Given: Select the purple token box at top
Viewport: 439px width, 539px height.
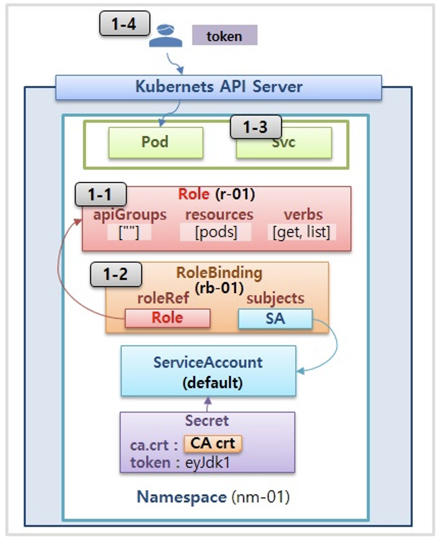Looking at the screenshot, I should click(224, 36).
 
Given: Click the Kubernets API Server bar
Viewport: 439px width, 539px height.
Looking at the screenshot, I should click(218, 87).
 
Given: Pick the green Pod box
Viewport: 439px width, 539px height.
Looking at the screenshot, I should click(155, 142).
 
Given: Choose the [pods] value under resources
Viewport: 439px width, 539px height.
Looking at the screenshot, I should click(216, 233).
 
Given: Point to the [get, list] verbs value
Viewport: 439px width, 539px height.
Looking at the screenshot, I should click(301, 233).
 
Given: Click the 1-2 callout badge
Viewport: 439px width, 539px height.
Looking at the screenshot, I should click(115, 275).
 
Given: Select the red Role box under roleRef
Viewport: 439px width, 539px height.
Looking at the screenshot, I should click(167, 318).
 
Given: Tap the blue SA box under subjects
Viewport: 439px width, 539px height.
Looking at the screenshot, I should click(275, 318).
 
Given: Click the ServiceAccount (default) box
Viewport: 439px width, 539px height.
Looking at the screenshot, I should click(208, 371).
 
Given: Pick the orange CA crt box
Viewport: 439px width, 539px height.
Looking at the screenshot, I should click(213, 443).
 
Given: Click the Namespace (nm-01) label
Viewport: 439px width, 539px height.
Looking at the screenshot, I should click(213, 497).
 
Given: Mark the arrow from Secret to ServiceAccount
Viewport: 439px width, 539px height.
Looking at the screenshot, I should click(207, 404).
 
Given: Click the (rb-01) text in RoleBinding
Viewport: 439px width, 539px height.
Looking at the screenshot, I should click(218, 287).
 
